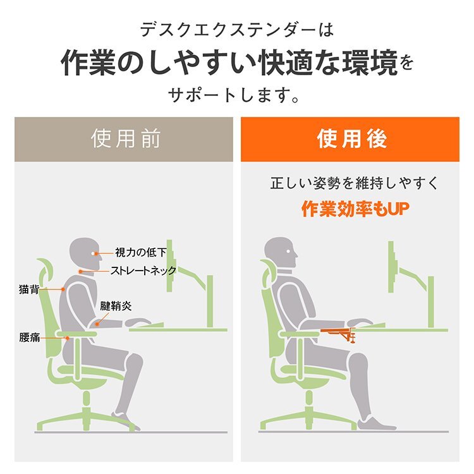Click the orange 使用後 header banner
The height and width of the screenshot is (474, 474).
coord(349,139)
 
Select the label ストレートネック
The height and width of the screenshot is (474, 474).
coord(143,270)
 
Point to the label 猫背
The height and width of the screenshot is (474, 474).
coord(30,290)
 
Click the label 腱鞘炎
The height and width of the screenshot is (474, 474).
coord(116,306)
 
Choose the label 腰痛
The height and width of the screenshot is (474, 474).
coord(30,337)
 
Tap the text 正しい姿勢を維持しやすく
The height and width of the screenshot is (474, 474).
coord(353,184)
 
